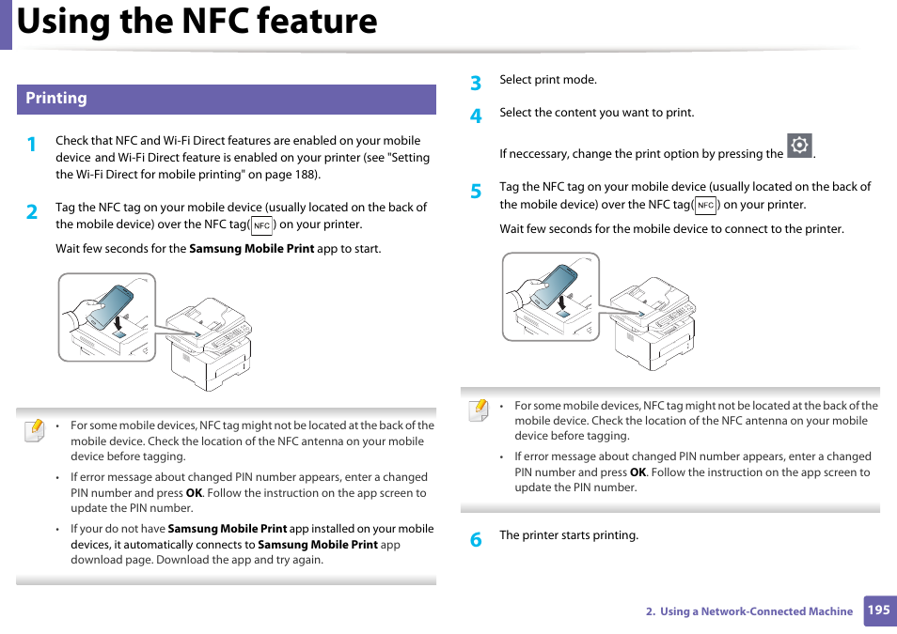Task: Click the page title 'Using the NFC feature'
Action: tap(197, 21)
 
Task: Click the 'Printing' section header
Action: tap(56, 99)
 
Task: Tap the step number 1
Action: tap(32, 145)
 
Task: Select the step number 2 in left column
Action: tap(32, 212)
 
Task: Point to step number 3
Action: tap(476, 84)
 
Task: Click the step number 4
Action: tap(476, 116)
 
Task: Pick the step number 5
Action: tap(476, 192)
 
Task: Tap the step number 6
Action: tap(476, 540)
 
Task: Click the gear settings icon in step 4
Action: tap(799, 146)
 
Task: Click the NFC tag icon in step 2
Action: tap(262, 225)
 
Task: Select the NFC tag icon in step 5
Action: tap(705, 205)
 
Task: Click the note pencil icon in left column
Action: tap(34, 430)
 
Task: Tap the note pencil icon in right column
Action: tap(479, 410)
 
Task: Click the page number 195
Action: tap(878, 611)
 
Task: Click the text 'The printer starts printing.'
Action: tap(569, 535)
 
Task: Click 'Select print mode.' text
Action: tap(548, 80)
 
